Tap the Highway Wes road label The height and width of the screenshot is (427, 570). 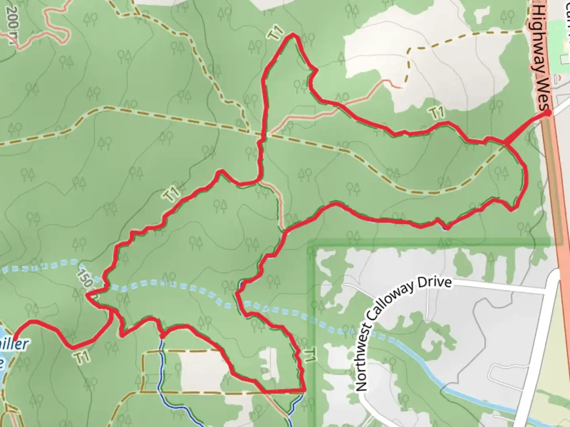(541, 55)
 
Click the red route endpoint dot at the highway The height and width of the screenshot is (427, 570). (548, 113)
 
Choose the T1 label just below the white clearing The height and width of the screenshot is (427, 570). (437, 113)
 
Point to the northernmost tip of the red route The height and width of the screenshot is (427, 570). (293, 35)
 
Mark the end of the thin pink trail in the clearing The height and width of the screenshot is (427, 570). (402, 87)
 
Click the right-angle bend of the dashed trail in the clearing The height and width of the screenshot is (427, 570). (409, 49)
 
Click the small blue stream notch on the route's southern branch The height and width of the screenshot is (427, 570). (446, 227)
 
